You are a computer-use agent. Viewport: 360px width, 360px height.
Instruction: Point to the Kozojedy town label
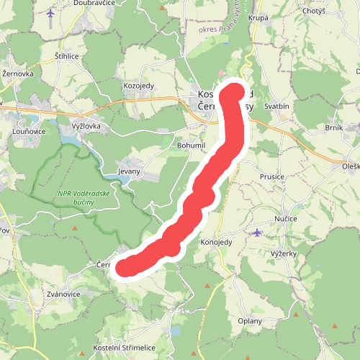click(139, 85)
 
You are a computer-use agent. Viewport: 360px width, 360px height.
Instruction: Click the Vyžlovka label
click(87, 126)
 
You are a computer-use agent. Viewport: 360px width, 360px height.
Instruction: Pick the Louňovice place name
click(28, 132)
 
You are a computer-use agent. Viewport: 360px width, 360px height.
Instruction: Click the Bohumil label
click(192, 145)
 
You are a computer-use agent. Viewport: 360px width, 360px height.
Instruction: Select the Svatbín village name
click(276, 106)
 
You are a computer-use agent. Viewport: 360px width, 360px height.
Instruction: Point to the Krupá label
click(258, 17)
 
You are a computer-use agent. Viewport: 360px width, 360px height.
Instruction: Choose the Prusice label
click(273, 176)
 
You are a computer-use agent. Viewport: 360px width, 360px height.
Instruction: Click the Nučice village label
click(286, 217)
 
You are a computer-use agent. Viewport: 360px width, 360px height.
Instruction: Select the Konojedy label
click(216, 242)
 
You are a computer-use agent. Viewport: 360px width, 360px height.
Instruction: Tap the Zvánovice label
click(62, 294)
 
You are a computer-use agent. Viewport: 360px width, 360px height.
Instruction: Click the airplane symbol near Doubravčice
click(50, 14)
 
